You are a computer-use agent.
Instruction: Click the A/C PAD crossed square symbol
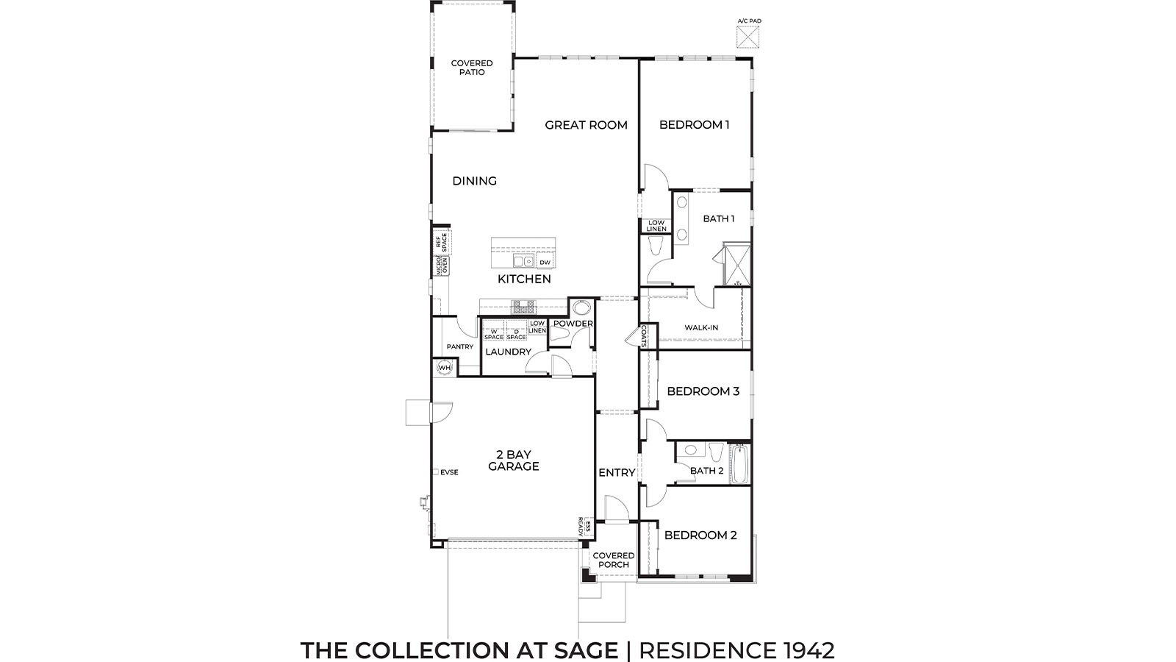pos(748,37)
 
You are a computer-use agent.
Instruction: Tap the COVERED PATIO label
pos(472,68)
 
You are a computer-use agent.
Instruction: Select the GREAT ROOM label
pos(586,125)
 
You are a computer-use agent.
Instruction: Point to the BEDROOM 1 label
pos(694,125)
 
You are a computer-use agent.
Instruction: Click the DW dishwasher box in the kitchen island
pos(545,262)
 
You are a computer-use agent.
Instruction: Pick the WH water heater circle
pos(444,367)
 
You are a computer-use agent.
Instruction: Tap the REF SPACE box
pos(442,242)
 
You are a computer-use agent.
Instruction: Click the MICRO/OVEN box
pos(442,266)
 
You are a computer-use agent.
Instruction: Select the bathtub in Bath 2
pos(739,464)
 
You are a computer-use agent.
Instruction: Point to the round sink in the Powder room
pos(581,308)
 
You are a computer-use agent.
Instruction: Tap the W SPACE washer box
pos(493,330)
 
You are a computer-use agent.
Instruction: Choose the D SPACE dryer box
pos(516,330)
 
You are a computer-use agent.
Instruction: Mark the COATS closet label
pos(644,335)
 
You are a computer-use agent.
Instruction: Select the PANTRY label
pos(460,346)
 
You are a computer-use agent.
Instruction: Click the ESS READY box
pos(584,527)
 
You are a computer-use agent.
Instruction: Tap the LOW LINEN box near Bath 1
pos(656,226)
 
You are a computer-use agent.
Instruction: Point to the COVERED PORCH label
pos(613,560)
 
